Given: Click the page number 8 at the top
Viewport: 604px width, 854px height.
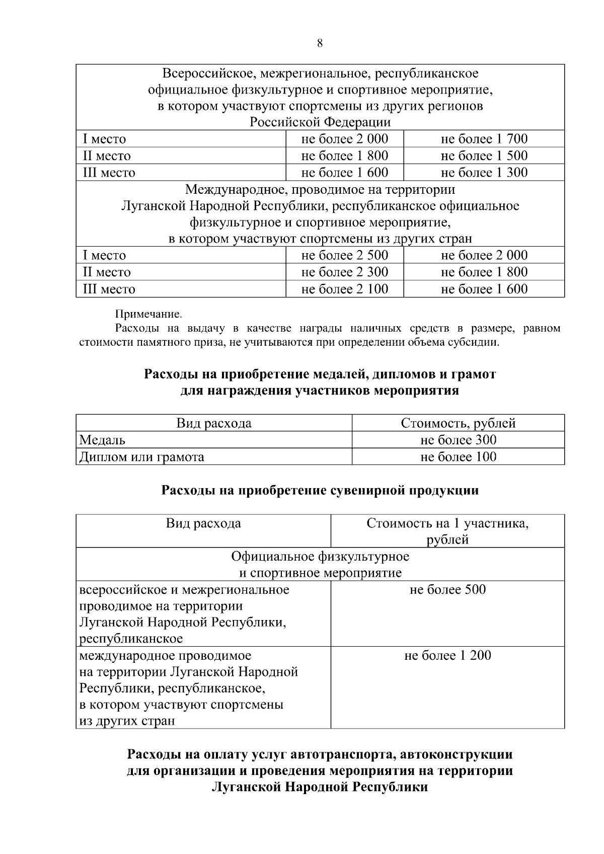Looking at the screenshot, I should [320, 43].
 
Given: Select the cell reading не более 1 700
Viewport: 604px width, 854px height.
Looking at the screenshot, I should [484, 139].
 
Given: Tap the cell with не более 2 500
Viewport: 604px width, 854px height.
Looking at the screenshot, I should [344, 255].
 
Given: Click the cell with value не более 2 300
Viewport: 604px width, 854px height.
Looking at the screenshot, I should [344, 272].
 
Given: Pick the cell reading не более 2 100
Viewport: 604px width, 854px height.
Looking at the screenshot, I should [344, 289].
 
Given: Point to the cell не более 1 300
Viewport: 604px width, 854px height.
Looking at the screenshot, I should [484, 173].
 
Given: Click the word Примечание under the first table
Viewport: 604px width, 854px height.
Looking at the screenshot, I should [148, 315].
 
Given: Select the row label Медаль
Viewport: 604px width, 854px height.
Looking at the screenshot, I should [103, 440].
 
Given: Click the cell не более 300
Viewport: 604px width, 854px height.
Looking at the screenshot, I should [458, 440].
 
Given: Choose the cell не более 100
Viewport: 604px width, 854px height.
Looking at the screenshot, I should [458, 457].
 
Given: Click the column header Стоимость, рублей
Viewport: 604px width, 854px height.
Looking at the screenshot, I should [458, 423].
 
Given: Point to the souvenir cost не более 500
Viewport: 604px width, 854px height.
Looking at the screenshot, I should [447, 589].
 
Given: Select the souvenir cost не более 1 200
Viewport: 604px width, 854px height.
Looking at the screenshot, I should [447, 656].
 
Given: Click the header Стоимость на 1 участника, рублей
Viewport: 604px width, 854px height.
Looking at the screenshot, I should [447, 531].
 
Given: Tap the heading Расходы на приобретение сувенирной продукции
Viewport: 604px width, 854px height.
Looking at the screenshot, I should [320, 490].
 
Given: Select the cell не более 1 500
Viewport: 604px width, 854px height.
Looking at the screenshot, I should [484, 156].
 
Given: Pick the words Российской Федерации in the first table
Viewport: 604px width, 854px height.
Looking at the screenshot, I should [320, 122].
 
